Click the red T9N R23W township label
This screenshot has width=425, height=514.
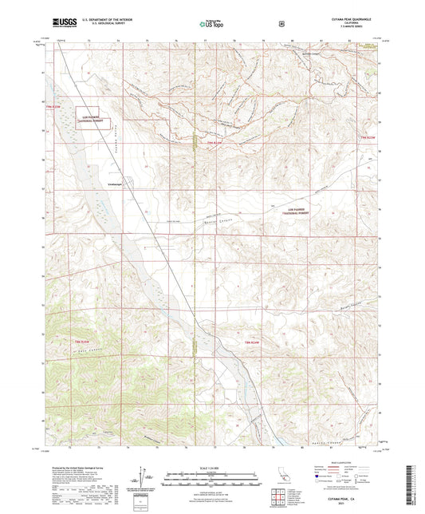(368, 138)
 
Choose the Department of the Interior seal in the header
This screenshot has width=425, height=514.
(281, 24)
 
